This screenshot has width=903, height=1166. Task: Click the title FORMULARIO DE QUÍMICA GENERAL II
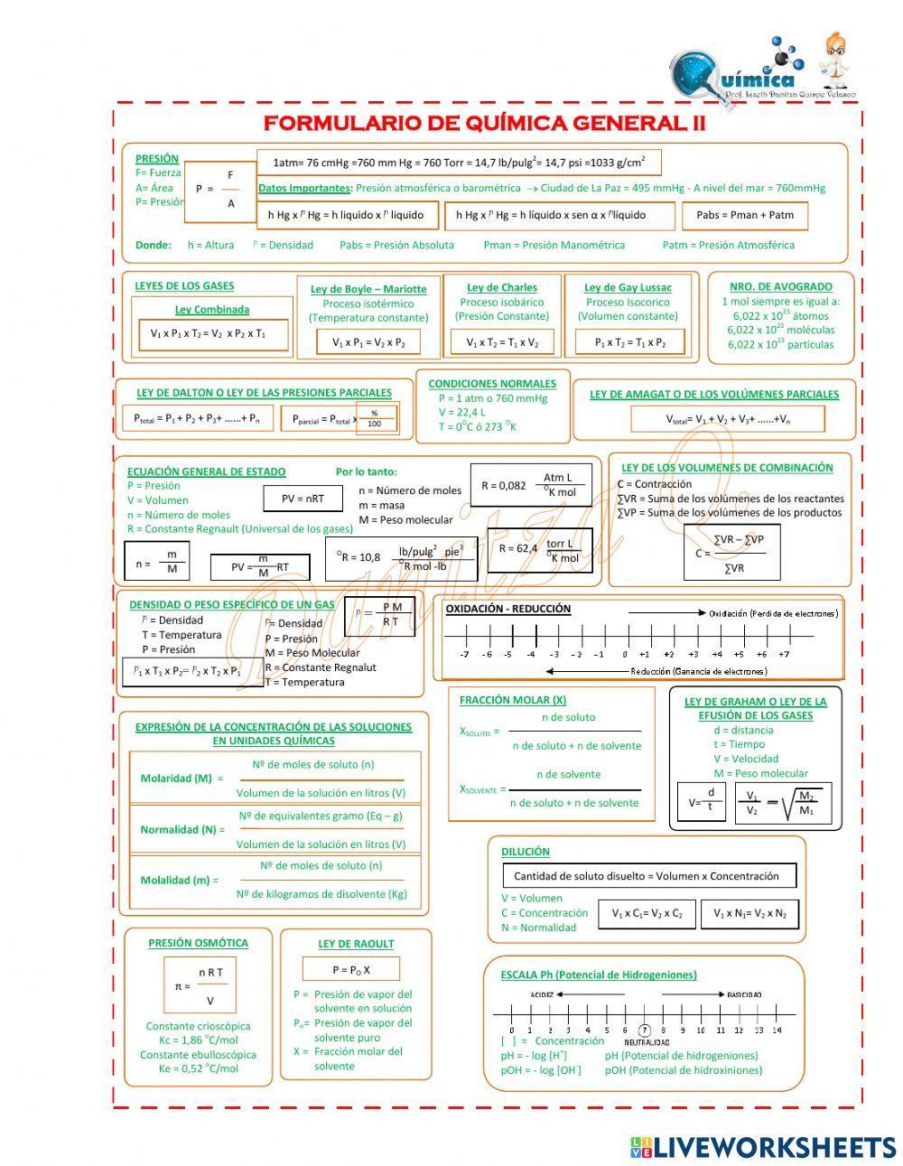click(x=484, y=123)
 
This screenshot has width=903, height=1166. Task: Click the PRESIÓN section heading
click(x=157, y=158)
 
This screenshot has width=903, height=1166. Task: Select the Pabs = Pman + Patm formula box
click(x=745, y=215)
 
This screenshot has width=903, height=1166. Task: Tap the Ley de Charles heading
click(x=502, y=287)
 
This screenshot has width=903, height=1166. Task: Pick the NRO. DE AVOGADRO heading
click(x=780, y=286)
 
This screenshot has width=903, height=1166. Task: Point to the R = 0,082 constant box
click(x=531, y=485)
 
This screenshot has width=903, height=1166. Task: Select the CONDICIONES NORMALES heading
click(x=492, y=383)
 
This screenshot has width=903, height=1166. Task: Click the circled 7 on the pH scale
click(x=644, y=1030)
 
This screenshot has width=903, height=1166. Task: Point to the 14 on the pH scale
click(x=777, y=1030)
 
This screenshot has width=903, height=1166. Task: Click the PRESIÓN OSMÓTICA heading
click(x=198, y=942)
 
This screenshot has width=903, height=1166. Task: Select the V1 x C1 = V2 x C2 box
click(x=647, y=913)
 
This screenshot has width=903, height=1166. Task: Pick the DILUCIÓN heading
click(x=525, y=851)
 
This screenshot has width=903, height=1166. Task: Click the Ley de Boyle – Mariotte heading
click(x=368, y=289)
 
